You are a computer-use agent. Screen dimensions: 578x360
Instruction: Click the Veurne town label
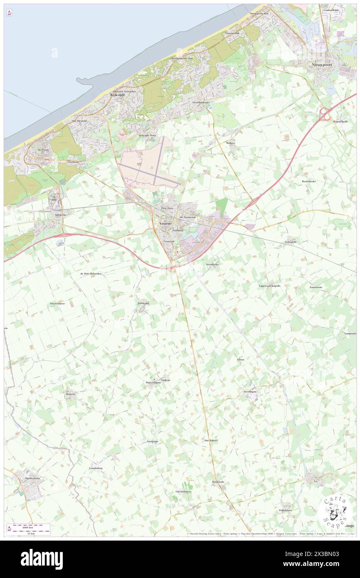click(168, 223)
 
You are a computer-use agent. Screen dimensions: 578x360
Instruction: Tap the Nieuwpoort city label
click(325, 65)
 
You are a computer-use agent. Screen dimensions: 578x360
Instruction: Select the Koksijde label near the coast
click(118, 95)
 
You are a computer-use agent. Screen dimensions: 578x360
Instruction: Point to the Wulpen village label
click(231, 143)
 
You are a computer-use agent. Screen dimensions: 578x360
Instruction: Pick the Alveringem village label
click(250, 392)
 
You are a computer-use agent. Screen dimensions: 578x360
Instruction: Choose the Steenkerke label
click(212, 264)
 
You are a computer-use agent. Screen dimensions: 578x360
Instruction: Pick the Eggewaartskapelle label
click(269, 286)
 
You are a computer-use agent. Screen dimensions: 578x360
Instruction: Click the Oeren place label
click(241, 359)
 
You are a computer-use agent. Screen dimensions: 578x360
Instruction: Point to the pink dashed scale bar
click(29, 526)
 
